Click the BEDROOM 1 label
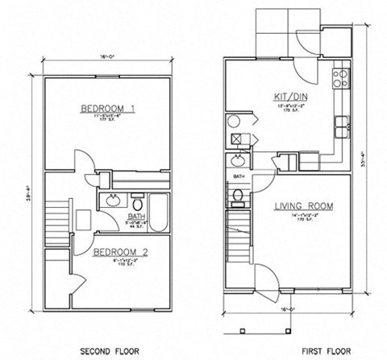[x=107, y=108]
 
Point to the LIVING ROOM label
[x=299, y=206]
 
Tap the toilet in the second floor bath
[x=137, y=197]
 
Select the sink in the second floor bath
[x=113, y=199]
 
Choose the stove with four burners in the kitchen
[x=343, y=79]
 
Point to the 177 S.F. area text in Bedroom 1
[x=108, y=124]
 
